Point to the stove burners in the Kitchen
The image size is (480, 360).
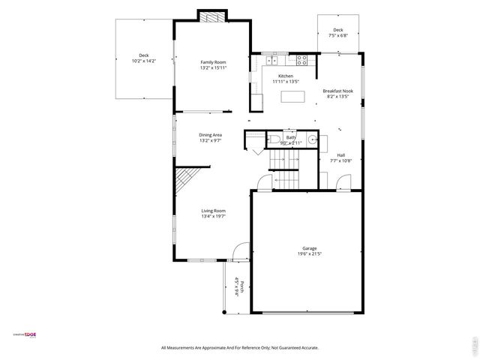tap(303, 58)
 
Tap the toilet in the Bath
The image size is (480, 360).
tap(274, 139)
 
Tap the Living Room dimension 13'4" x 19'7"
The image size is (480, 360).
tap(213, 217)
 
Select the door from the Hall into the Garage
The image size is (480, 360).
tap(343, 182)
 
